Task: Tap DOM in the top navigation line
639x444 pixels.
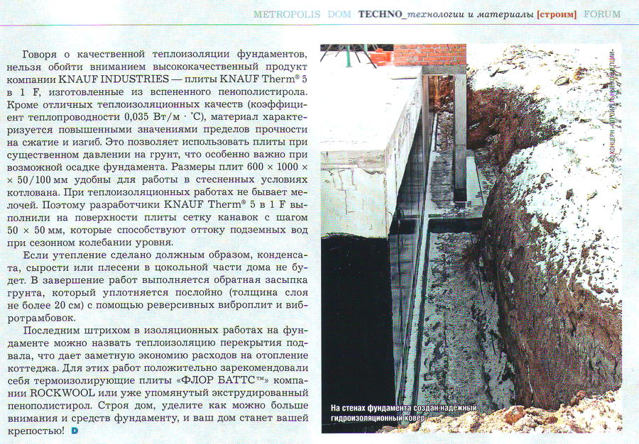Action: [x=339, y=14]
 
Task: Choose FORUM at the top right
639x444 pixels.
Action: [x=601, y=14]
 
